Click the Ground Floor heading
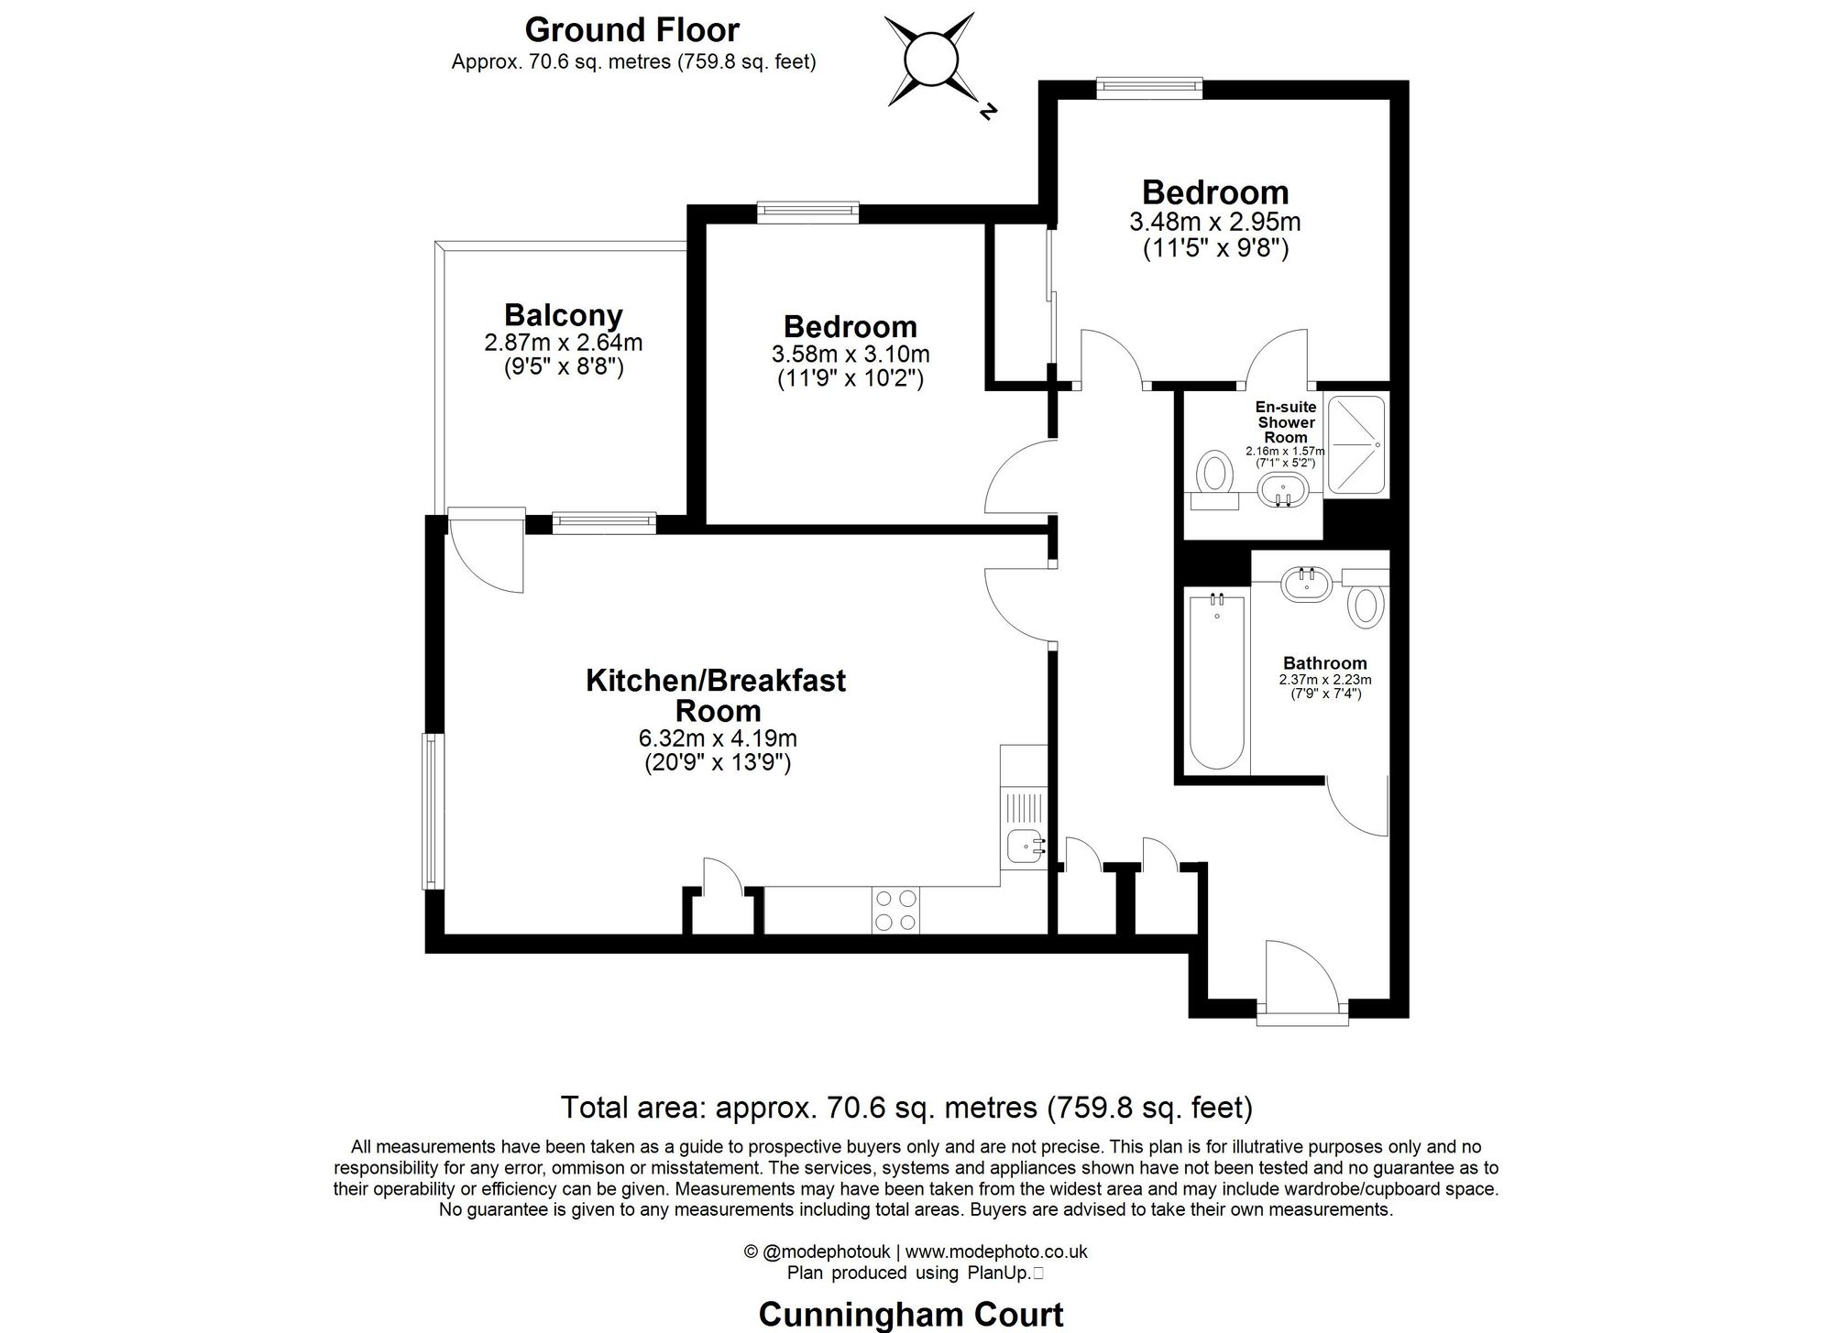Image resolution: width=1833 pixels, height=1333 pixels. click(x=631, y=30)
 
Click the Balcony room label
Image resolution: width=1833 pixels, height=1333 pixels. click(x=563, y=315)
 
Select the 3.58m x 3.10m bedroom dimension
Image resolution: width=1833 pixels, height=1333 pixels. click(x=850, y=355)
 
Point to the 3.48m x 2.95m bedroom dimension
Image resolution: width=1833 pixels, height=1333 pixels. click(x=1214, y=223)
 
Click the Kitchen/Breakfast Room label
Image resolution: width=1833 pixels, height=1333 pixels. click(x=716, y=695)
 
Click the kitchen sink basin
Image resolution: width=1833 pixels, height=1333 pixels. click(x=1022, y=846)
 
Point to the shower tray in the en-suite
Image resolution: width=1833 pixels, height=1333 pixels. click(x=1357, y=444)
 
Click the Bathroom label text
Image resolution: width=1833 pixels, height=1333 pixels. click(x=1324, y=663)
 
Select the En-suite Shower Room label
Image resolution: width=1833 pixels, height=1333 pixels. click(x=1286, y=422)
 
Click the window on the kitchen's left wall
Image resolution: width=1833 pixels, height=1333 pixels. click(x=433, y=811)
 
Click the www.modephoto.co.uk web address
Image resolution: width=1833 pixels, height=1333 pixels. click(x=996, y=1251)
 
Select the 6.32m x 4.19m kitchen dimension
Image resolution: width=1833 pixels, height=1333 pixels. click(x=717, y=738)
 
